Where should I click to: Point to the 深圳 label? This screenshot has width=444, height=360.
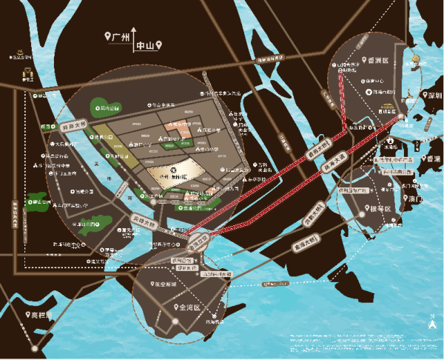(431, 96)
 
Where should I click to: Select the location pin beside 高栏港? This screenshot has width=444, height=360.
(33, 315)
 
